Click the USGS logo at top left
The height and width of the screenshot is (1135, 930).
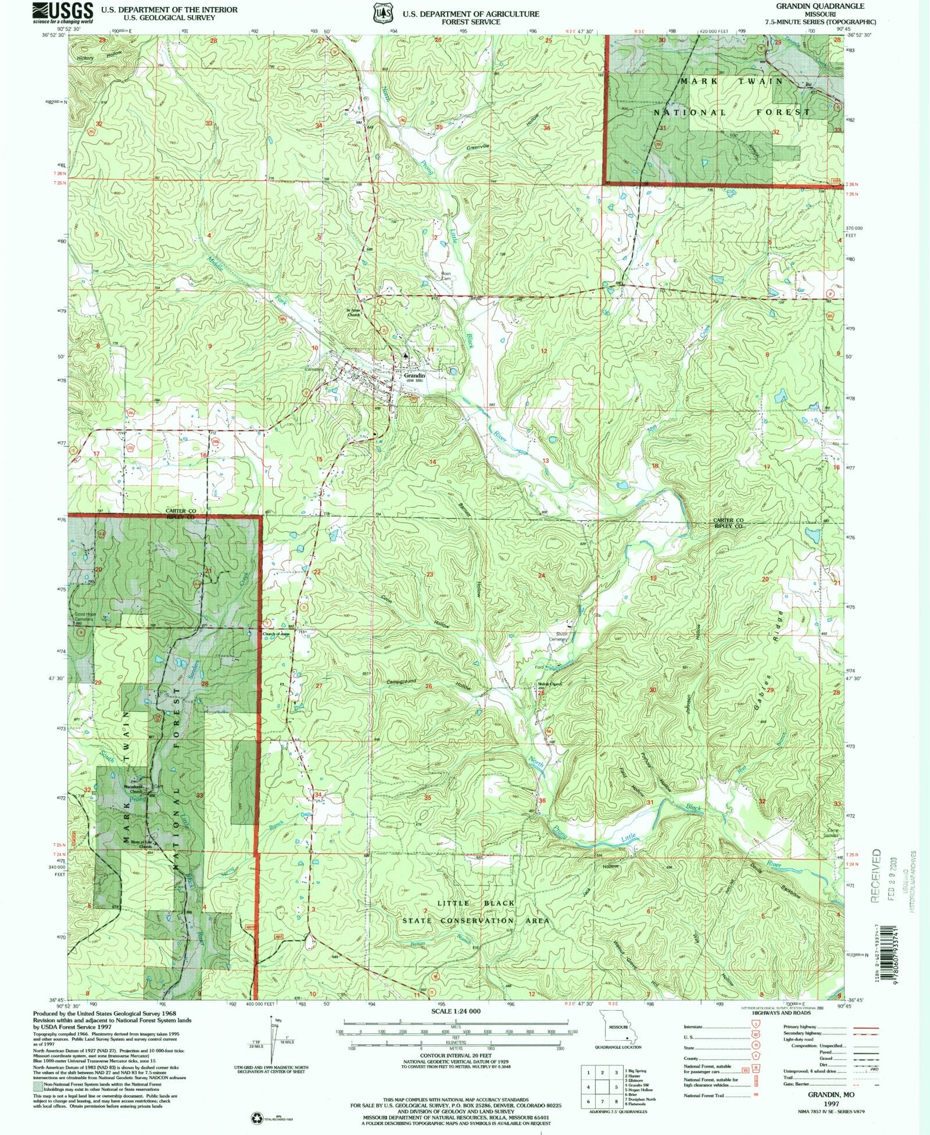(x=63, y=12)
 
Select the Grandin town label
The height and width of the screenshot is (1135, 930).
(x=414, y=376)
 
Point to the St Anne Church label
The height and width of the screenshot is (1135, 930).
(x=355, y=313)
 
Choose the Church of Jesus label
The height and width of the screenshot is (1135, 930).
(x=276, y=634)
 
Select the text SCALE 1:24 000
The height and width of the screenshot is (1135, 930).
(x=456, y=1011)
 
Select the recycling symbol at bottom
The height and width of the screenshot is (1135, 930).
(x=256, y=1116)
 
